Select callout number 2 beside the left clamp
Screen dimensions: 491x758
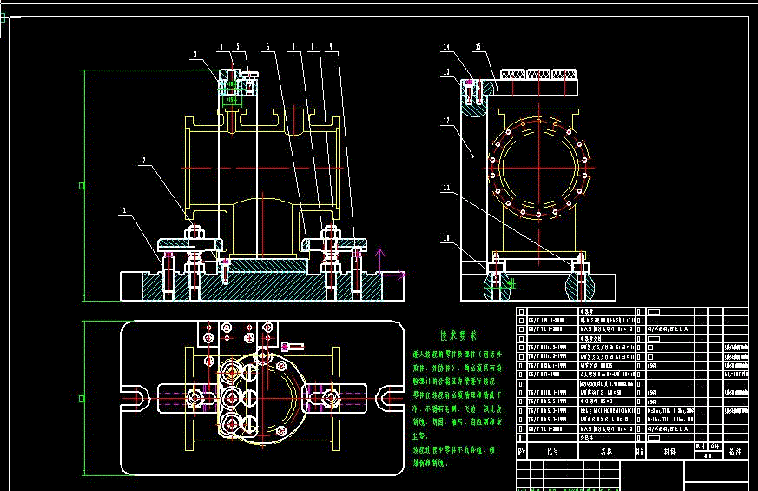[x=144, y=160]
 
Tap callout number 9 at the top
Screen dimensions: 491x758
[x=331, y=45]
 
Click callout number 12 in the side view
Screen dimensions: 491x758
[x=445, y=122]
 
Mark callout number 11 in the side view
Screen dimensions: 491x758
[x=446, y=186]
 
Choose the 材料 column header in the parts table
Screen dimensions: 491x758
[x=669, y=452]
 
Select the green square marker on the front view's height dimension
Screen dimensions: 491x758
[x=82, y=185]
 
